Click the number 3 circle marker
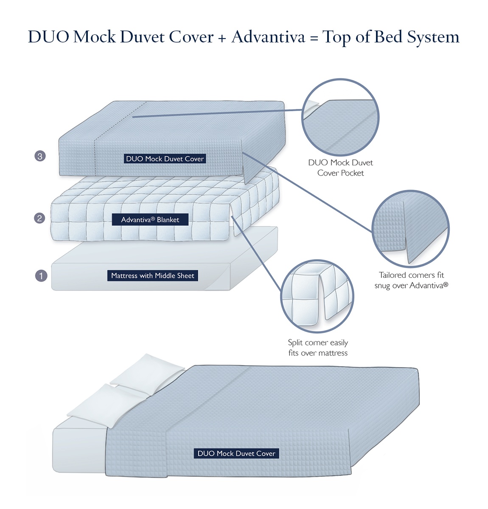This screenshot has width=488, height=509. click(40, 156)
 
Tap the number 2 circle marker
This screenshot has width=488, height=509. click(39, 218)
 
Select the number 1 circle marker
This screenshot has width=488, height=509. click(41, 276)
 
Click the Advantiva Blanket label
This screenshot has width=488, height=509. click(150, 220)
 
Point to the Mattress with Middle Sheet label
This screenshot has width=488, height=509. click(152, 276)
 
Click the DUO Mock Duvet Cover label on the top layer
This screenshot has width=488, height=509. click(165, 159)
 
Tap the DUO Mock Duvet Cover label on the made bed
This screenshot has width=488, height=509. click(236, 453)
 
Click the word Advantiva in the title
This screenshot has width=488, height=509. click(268, 37)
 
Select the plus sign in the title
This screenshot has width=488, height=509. click(222, 38)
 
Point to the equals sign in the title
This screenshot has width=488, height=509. click(314, 38)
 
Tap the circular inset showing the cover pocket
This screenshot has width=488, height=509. click(340, 117)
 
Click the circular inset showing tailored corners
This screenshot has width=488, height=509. click(410, 229)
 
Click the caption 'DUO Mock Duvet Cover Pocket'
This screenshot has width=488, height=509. click(340, 168)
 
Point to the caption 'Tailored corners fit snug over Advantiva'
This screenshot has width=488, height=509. click(411, 280)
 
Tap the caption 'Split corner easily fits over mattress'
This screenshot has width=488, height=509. click(317, 348)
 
